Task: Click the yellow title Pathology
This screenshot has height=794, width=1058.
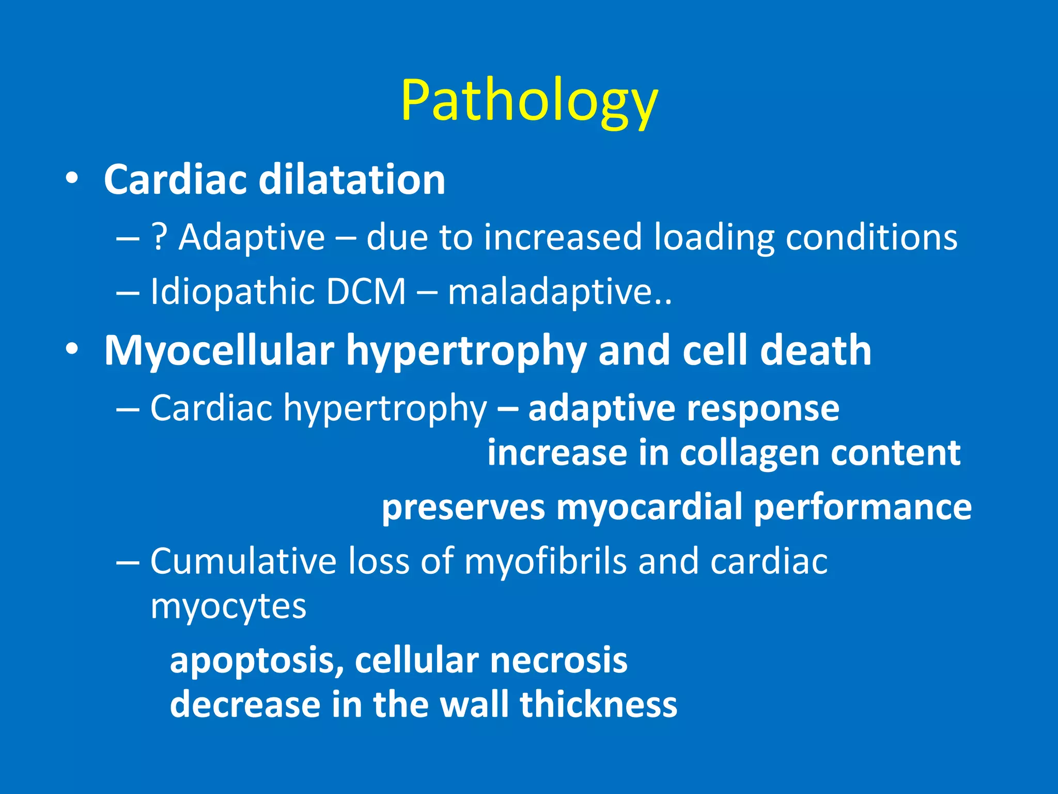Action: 529,102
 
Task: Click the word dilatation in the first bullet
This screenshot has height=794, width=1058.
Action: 352,180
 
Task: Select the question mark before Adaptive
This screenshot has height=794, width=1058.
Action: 159,238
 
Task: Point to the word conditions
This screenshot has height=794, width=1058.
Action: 872,238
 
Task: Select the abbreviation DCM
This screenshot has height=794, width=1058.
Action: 366,293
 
